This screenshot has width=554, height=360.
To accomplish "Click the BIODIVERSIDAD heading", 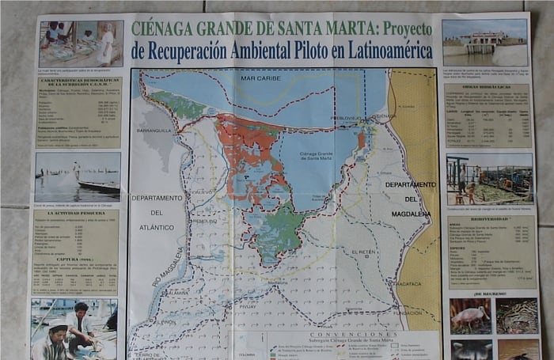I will pos(484,221).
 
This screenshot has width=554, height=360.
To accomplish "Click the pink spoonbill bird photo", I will pos(470,316).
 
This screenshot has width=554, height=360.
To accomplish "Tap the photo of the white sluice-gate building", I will pos(484,44).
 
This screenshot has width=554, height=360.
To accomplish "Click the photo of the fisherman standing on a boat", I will pos(77,178).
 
